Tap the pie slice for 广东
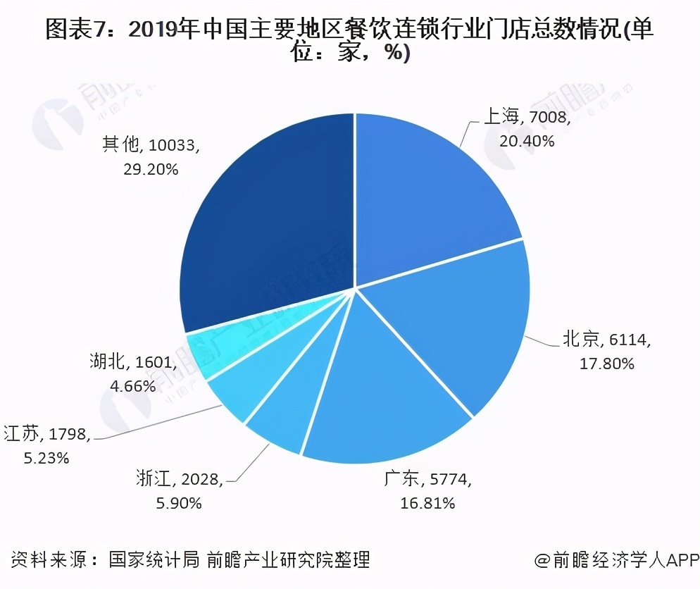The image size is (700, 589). (x=380, y=402)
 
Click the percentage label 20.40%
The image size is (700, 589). (x=527, y=141)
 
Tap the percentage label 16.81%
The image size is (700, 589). (x=427, y=503)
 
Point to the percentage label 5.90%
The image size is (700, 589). (x=179, y=503)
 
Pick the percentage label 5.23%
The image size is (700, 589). (x=46, y=458)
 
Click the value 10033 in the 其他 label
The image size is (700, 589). (x=173, y=145)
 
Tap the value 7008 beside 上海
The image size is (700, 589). (x=549, y=117)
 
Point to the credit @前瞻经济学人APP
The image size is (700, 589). (x=615, y=561)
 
